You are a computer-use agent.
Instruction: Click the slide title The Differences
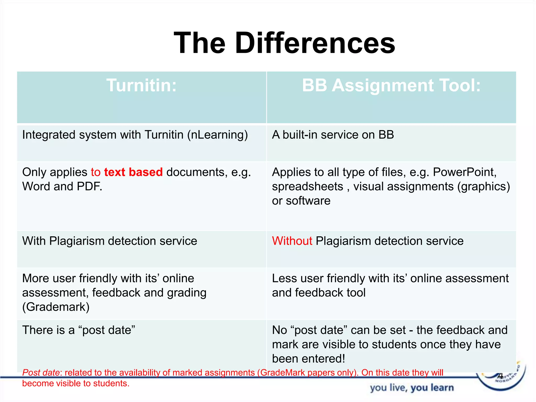pos(284,43)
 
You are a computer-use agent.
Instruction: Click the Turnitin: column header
pos(141,85)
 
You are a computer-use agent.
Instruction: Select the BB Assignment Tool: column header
pos(391,85)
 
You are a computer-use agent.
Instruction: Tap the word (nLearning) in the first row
pos(217,135)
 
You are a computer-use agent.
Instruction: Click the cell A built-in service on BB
pos(333,135)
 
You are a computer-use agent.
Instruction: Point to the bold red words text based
pos(133,172)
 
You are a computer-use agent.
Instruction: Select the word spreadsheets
pos(308,187)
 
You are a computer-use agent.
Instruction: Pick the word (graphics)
pos(484,187)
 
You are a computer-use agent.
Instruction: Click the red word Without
pos(292,241)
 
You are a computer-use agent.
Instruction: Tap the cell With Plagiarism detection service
pos(110,241)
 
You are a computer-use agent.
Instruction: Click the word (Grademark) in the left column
pos(56,307)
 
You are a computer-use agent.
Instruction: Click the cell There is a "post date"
pos(79,330)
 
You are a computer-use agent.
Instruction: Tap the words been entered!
pos(309,359)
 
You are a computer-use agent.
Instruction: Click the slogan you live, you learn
pos(412,388)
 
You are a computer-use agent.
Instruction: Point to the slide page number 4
pos(500,376)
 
